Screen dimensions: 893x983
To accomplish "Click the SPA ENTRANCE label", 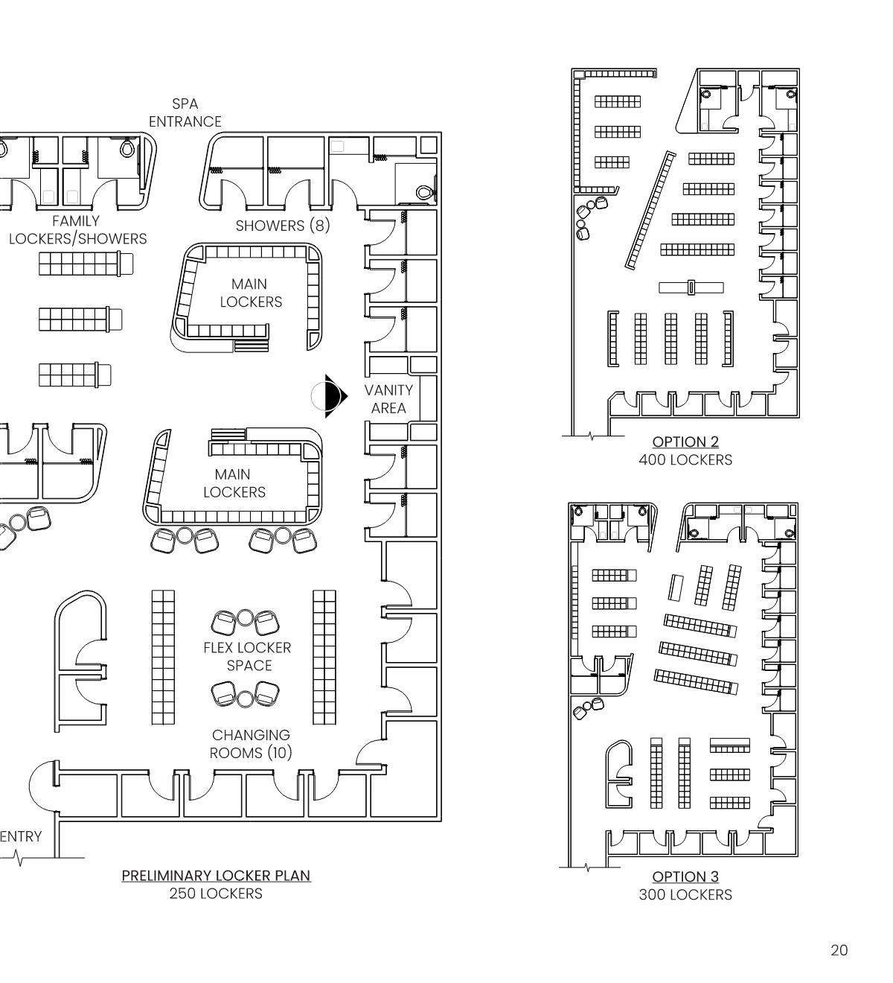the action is [185, 112].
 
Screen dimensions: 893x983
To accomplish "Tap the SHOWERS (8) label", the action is [282, 226].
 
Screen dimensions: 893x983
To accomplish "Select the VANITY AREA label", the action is [388, 398].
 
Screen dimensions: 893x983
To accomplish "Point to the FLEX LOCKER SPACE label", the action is [248, 656].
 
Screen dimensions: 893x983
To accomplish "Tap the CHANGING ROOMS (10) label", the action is [251, 744].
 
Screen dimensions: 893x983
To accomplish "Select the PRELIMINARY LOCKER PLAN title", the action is [216, 875].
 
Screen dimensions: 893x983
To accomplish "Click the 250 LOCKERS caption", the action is [216, 893].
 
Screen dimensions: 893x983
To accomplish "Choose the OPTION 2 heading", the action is [685, 442].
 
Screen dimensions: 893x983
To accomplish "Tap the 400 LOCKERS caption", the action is [685, 460].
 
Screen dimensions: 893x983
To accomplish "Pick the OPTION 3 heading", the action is [685, 877].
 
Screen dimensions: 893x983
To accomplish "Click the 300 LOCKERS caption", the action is [685, 894].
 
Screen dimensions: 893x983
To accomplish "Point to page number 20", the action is [839, 950].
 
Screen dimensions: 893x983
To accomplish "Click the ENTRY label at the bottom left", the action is [21, 836].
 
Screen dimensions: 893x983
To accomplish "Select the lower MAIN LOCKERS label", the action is [234, 483].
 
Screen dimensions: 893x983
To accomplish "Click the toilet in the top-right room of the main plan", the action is [425, 192].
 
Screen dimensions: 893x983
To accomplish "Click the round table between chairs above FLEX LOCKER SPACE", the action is [246, 617].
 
